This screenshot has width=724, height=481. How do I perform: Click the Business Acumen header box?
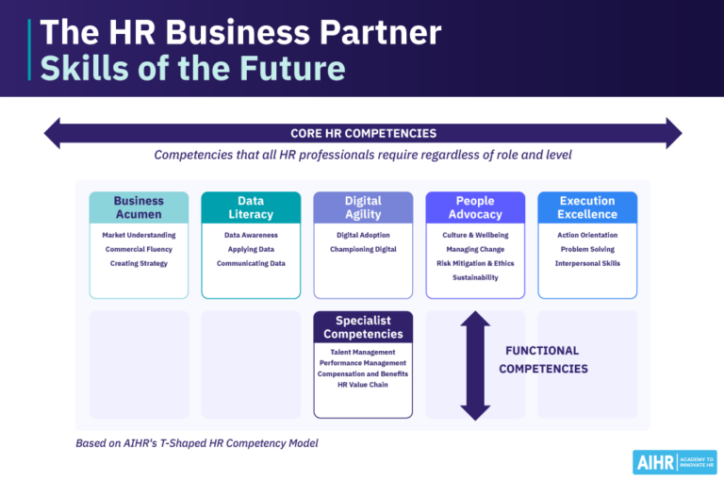tap(139, 207)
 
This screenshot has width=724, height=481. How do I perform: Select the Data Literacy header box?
tap(251, 207)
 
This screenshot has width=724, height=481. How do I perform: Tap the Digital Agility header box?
tap(363, 207)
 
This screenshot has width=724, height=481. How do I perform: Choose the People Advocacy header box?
tap(475, 207)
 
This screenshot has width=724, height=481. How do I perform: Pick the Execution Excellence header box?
tap(587, 207)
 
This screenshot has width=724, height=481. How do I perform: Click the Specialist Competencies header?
tap(363, 327)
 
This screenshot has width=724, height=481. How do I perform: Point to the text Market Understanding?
tap(139, 235)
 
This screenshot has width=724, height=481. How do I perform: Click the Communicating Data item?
tap(251, 263)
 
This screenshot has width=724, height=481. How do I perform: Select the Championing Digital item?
tap(363, 249)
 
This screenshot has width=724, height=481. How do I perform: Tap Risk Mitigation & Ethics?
tap(475, 263)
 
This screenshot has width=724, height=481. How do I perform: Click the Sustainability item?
tap(475, 277)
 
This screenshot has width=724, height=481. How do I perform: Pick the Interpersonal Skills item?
tap(587, 263)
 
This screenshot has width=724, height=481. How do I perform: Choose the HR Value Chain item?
tap(363, 384)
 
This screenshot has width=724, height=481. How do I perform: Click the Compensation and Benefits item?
tap(363, 373)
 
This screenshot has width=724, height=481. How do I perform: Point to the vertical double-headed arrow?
tap(475, 365)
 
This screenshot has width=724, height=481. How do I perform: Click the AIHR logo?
tap(674, 461)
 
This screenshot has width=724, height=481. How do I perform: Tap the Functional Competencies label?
tap(543, 359)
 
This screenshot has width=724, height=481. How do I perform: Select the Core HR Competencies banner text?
tap(363, 133)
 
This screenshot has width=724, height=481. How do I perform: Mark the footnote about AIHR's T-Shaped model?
tap(197, 442)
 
